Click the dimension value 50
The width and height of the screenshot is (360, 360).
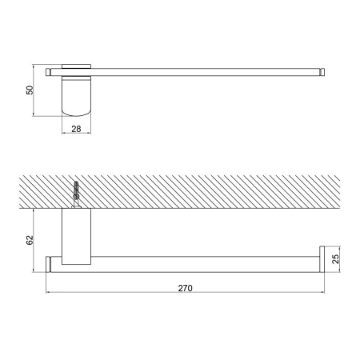click(x=30, y=90)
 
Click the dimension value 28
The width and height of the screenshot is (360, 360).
click(x=76, y=129)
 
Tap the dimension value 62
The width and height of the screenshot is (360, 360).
click(x=30, y=240)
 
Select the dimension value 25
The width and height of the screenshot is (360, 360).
click(x=335, y=259)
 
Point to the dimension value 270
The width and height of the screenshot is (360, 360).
click(x=185, y=288)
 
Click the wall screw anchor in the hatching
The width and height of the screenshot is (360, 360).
click(x=76, y=194)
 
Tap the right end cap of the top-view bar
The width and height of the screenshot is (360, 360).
click(x=322, y=72)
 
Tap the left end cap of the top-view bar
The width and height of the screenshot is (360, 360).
click(x=48, y=72)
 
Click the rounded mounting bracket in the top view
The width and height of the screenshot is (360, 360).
click(x=76, y=97)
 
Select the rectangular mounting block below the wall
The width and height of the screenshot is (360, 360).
click(x=76, y=237)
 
